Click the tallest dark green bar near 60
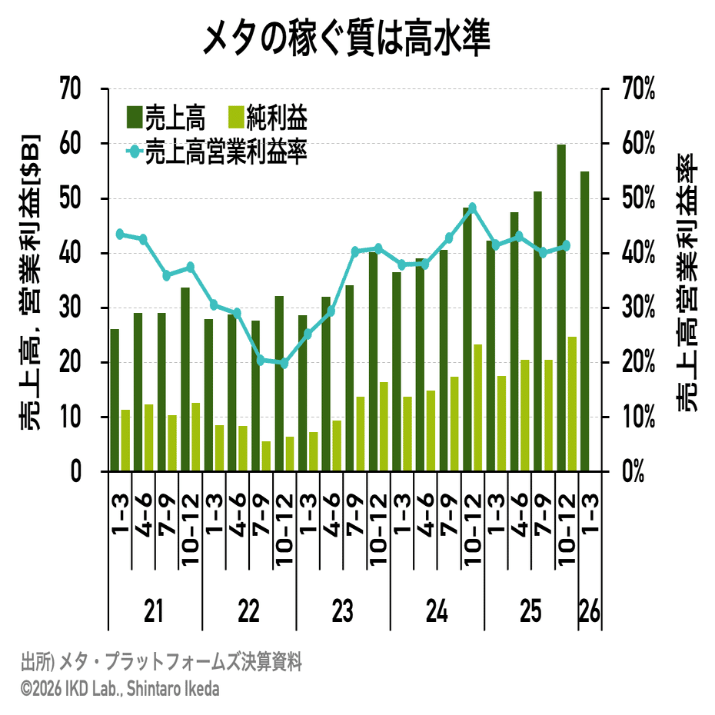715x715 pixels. [561, 308]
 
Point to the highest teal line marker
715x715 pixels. [473, 208]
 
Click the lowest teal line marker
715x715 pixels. [284, 363]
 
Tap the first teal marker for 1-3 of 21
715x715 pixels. [120, 234]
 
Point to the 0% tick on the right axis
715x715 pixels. [633, 471]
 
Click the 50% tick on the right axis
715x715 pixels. [637, 198]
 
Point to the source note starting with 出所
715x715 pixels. [161, 662]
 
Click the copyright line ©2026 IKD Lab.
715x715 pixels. [120, 688]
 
